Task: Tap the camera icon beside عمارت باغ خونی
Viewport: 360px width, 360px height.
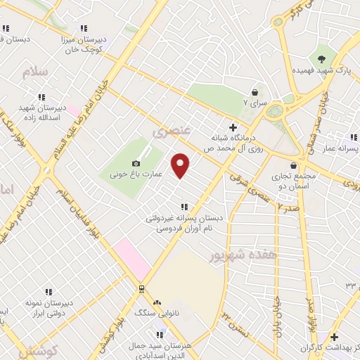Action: point(136,163)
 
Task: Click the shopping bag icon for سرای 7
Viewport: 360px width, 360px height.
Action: point(255,91)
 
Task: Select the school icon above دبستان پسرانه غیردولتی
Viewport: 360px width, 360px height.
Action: point(184,207)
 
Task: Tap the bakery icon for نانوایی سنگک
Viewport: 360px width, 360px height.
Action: point(157,301)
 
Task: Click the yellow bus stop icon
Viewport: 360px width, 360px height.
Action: point(141,288)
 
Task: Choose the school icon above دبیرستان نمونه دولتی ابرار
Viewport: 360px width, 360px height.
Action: point(49,291)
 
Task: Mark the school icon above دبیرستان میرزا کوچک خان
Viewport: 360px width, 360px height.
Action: point(84,29)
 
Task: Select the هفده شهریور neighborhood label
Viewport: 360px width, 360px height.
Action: point(242,255)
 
